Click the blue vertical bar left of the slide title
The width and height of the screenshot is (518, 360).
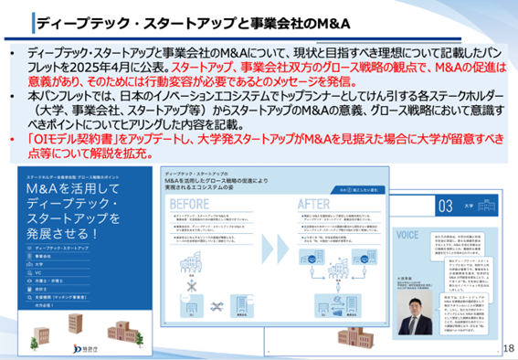click(34, 20)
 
